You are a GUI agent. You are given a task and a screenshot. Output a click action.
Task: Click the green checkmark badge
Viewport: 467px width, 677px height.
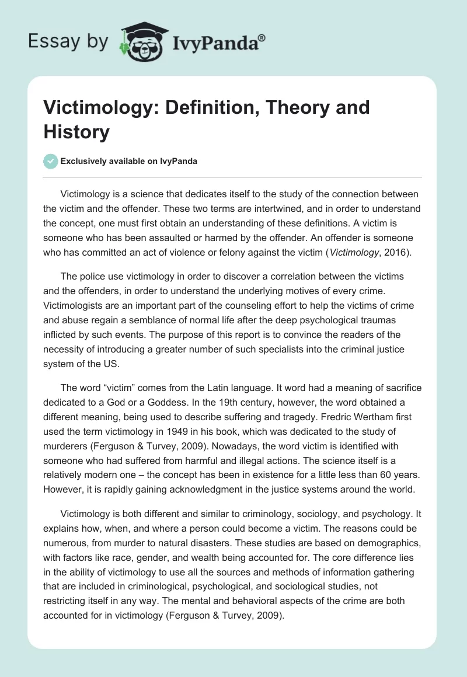point(50,161)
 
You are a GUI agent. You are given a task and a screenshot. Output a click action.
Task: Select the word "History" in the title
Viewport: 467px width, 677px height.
point(76,132)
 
